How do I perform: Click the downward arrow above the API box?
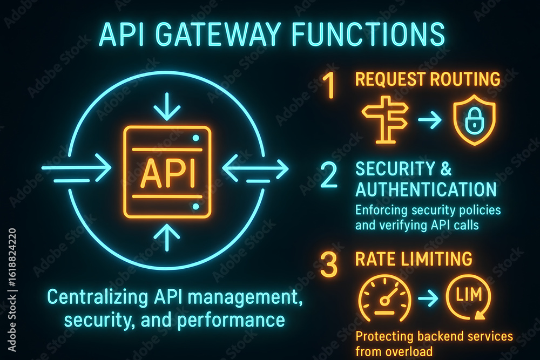click(167, 106)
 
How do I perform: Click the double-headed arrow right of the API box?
click(255, 169)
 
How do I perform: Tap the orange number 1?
click(329, 86)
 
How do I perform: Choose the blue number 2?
click(329, 175)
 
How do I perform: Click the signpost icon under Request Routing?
click(385, 120)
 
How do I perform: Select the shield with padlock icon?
click(474, 120)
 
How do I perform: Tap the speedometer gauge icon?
click(385, 297)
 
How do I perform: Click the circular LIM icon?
click(468, 297)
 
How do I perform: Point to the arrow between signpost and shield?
click(430, 120)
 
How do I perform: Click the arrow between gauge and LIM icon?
click(428, 298)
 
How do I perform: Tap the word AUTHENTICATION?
click(426, 189)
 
